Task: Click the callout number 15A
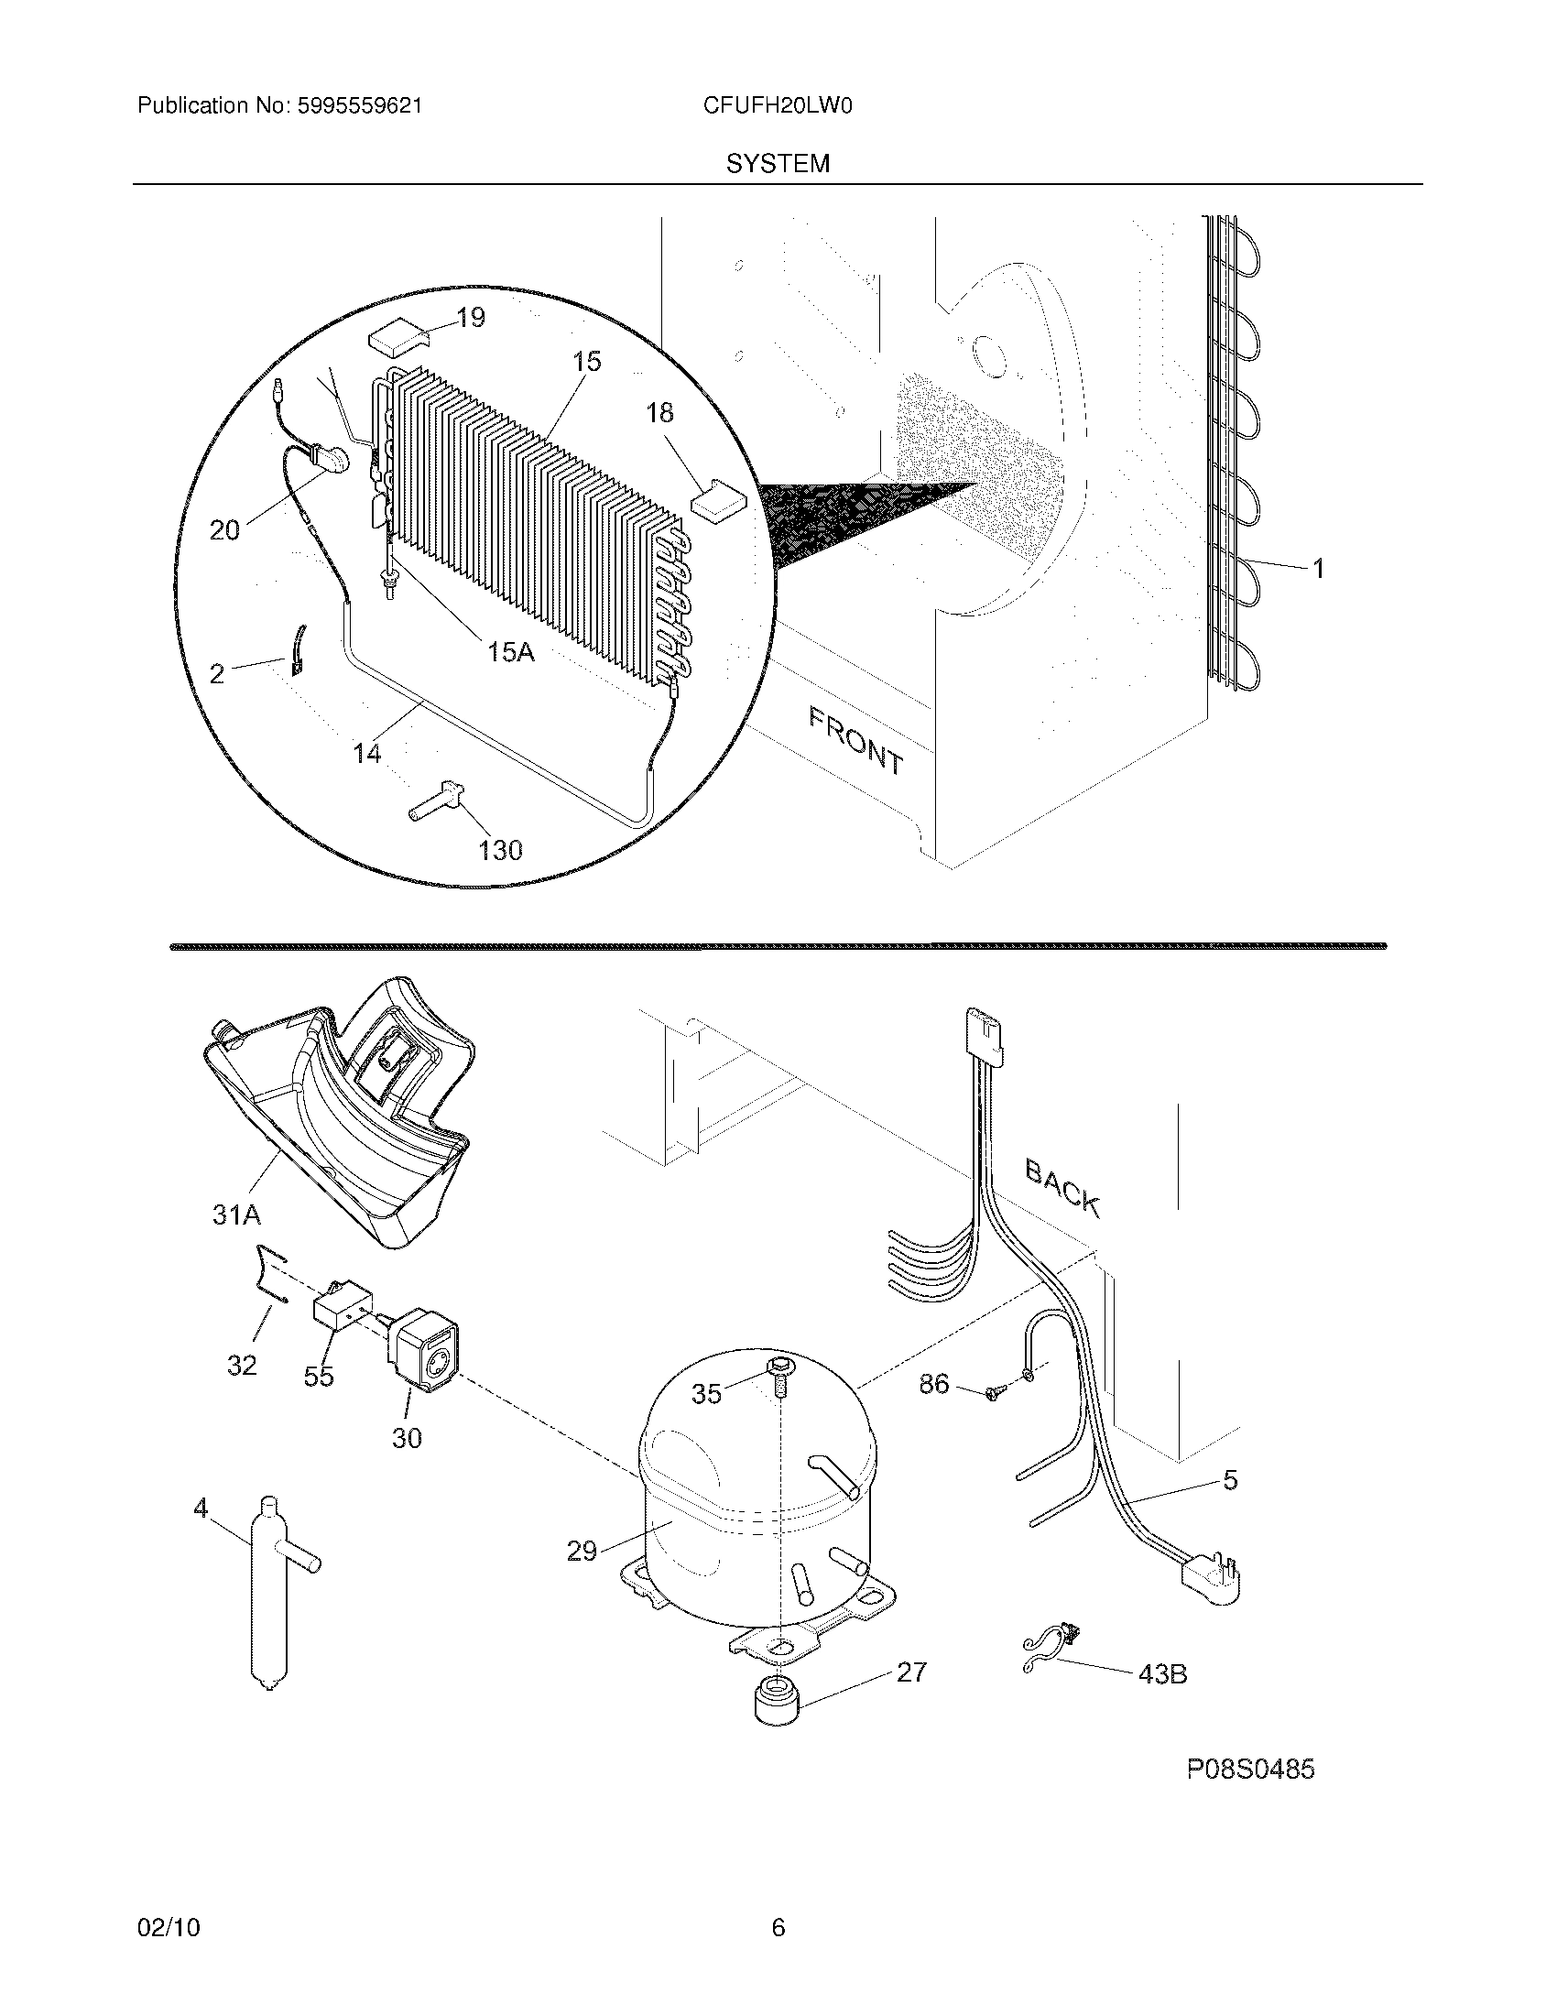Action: click(x=510, y=652)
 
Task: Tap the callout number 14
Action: click(x=367, y=754)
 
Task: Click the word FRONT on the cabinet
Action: click(x=856, y=739)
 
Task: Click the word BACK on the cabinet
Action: click(x=1062, y=1188)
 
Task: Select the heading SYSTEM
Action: click(x=778, y=163)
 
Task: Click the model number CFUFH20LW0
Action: click(x=777, y=105)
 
